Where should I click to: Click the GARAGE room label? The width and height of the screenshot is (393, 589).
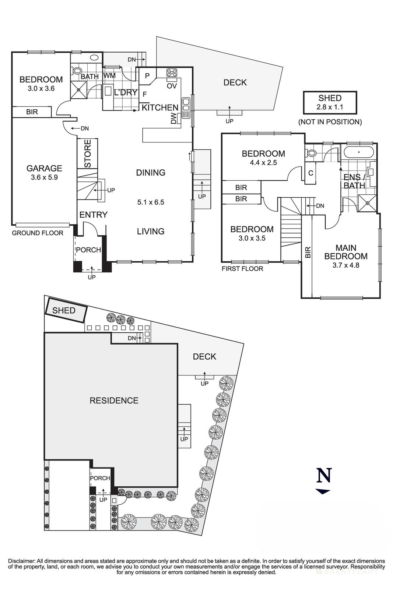tap(44, 168)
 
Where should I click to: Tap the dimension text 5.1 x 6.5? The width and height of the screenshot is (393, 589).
tap(150, 202)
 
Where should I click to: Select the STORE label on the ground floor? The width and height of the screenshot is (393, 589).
tap(88, 154)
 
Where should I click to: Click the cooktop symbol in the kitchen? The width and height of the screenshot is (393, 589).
tap(172, 73)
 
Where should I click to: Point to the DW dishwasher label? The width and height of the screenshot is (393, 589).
tap(174, 119)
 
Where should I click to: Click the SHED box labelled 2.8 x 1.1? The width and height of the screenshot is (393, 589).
tap(330, 103)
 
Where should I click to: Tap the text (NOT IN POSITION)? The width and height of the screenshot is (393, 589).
tap(330, 122)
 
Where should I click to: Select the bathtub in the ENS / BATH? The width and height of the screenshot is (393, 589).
tap(357, 152)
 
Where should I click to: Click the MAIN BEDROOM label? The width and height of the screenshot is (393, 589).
tap(346, 252)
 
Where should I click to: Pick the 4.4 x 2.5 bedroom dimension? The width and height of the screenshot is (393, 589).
tap(263, 162)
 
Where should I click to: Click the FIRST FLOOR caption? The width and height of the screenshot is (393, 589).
tap(242, 269)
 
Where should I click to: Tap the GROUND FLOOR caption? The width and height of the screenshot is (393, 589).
tap(38, 233)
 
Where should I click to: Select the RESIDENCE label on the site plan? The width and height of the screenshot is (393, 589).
tap(114, 401)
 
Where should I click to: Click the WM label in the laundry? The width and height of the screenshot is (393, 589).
tap(109, 75)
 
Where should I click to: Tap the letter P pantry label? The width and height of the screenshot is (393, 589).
tap(147, 76)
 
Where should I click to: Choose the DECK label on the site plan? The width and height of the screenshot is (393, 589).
tap(204, 356)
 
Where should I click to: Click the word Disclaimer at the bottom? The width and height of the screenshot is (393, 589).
tap(21, 561)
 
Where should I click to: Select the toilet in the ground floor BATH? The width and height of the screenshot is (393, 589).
tap(77, 71)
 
